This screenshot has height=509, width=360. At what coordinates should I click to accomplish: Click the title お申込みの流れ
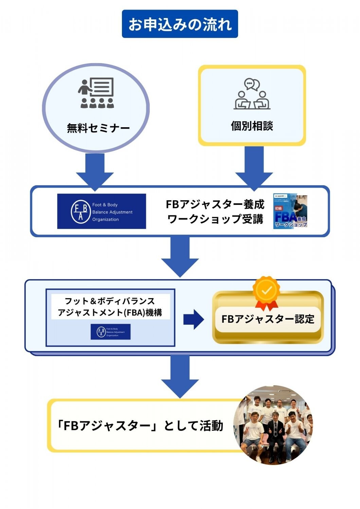[x=180, y=24]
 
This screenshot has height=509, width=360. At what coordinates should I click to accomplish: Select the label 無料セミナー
[x=98, y=128]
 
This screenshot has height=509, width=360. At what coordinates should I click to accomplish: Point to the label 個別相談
[x=252, y=126]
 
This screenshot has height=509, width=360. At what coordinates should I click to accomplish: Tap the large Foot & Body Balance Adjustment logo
[x=102, y=211]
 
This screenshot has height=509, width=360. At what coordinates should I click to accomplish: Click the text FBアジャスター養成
[x=215, y=204]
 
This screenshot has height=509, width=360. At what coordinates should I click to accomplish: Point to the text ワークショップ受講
[x=215, y=219]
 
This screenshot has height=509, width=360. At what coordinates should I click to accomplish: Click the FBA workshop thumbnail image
[x=290, y=211]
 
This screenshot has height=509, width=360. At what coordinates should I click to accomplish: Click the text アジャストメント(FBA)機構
[x=110, y=313]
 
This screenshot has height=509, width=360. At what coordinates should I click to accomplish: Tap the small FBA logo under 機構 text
[x=110, y=332]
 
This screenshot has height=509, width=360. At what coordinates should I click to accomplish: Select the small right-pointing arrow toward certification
[x=193, y=319]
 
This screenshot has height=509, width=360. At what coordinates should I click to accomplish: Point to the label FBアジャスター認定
[x=268, y=319]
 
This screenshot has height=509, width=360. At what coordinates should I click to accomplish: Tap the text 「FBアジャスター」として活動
[x=140, y=426]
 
